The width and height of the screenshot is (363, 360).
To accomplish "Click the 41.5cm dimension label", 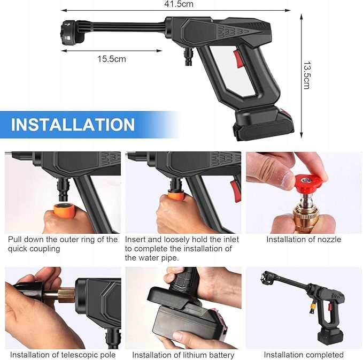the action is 179,4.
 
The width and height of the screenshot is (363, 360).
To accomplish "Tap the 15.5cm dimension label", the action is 111,59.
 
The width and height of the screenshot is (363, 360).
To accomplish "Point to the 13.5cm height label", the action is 307,75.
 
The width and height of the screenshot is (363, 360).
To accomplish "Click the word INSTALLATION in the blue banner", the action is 73,125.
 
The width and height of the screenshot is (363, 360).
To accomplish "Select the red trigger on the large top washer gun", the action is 238,58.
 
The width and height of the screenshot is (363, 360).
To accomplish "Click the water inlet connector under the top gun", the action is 189,56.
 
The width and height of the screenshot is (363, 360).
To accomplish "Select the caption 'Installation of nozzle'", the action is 304,239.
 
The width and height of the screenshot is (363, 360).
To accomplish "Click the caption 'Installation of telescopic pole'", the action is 63,355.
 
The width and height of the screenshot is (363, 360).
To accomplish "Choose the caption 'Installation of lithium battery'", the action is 183,355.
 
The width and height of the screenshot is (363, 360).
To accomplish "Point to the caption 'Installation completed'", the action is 304,355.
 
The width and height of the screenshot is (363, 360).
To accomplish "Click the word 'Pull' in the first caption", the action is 14,239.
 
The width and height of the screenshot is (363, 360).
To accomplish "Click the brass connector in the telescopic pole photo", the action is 66,295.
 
